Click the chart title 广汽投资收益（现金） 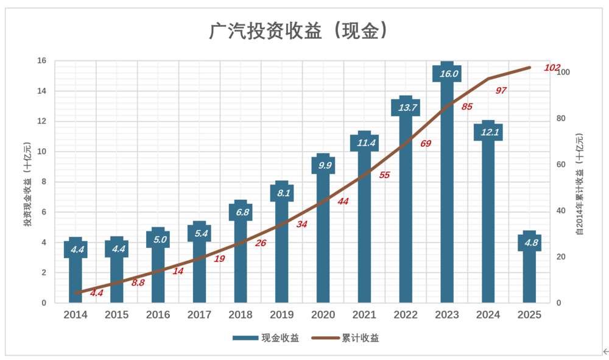[298, 30]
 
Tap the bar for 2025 [529, 267]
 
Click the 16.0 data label [449, 74]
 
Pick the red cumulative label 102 [552, 68]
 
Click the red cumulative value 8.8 [138, 283]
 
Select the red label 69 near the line [426, 144]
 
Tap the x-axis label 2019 [281, 314]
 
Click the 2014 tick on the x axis [76, 314]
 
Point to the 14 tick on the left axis [41, 91]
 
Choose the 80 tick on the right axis [561, 118]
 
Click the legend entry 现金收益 [266, 338]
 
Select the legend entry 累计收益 [345, 338]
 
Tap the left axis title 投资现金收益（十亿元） [27, 185]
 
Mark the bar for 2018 [241, 251]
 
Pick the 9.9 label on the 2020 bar [325, 166]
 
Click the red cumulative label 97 [501, 91]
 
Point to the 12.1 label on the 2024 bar [490, 132]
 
